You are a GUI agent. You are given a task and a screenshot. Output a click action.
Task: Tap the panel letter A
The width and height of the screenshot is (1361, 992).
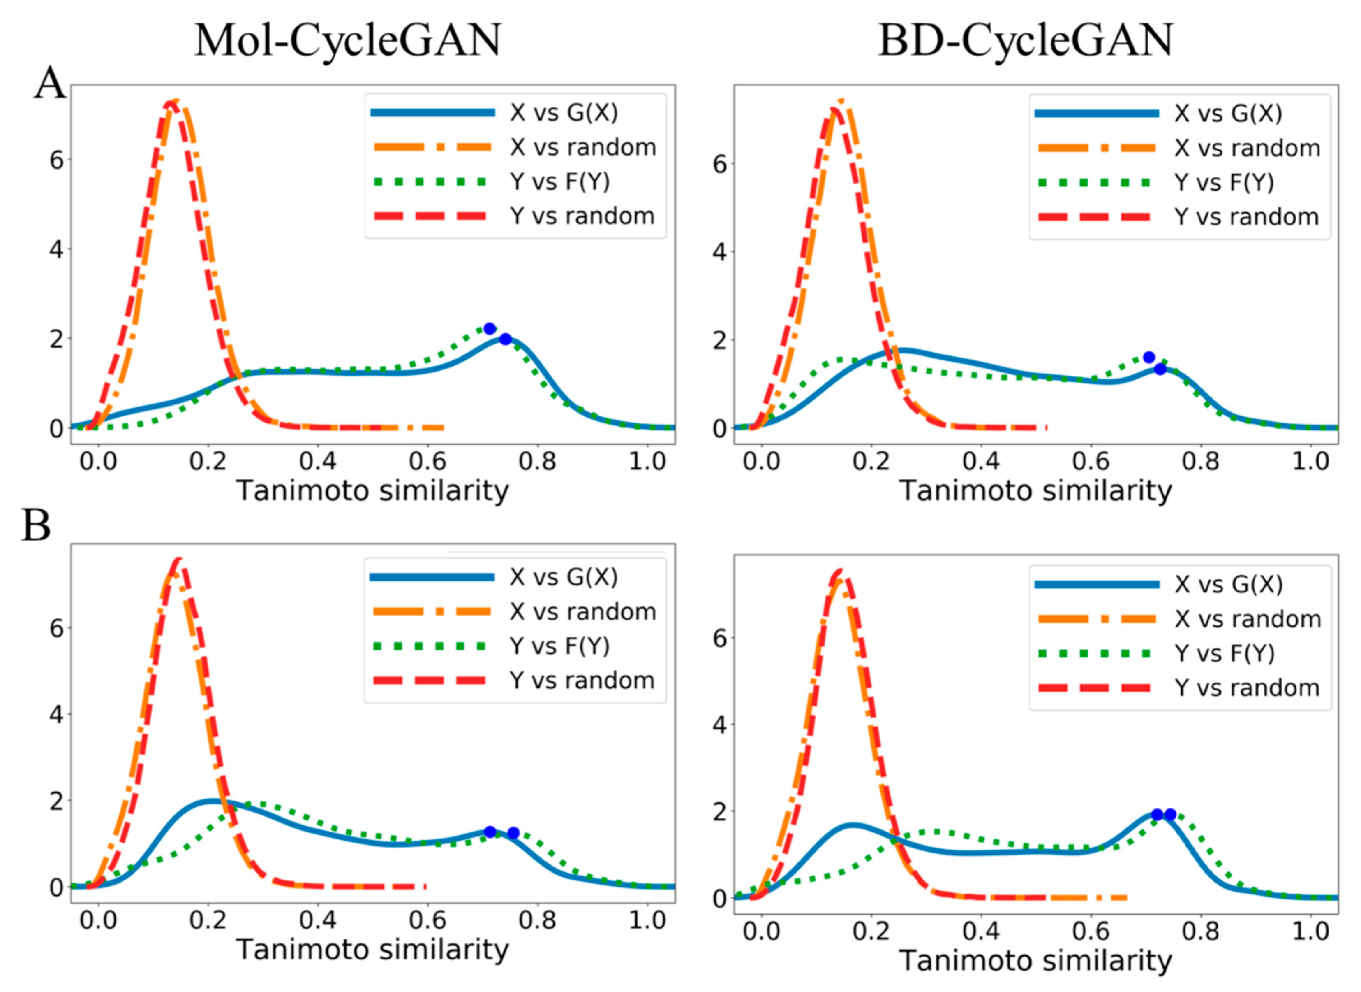[49, 84]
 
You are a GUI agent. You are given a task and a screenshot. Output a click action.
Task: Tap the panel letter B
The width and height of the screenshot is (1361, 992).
[36, 526]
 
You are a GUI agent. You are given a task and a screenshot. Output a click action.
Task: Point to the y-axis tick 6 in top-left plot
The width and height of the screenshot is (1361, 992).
[56, 160]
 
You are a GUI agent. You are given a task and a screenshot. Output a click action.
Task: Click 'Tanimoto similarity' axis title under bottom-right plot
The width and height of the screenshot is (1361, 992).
[1035, 961]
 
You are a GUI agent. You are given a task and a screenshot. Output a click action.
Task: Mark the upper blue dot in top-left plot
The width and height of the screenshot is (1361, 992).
[490, 328]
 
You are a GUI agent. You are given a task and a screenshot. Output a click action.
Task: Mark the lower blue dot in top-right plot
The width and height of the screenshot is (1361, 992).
[1160, 369]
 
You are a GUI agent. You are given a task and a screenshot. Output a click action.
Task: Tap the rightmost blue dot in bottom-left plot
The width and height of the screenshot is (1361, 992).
[513, 832]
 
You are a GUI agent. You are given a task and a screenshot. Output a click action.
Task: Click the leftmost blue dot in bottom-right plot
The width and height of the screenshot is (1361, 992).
[1158, 815]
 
